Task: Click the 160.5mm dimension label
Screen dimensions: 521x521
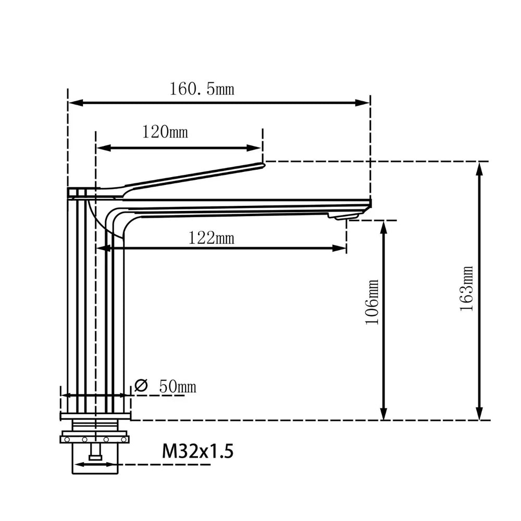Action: point(201,89)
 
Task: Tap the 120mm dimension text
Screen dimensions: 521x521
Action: point(165,132)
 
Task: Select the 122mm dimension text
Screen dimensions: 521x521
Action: point(210,238)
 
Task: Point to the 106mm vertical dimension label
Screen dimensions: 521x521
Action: point(372,302)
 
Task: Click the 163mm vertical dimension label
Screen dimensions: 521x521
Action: point(466,289)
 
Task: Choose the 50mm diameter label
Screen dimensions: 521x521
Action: point(177,387)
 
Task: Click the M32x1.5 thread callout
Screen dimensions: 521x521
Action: point(197,450)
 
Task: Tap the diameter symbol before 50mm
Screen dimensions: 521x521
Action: point(141,386)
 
